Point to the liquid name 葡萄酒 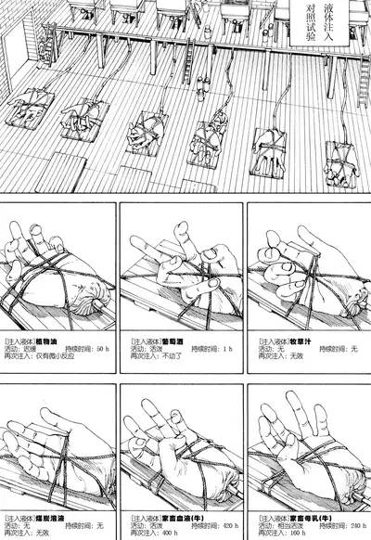click(x=173, y=341)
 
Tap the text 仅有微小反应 click(x=47, y=356)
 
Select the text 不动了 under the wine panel click(x=168, y=356)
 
